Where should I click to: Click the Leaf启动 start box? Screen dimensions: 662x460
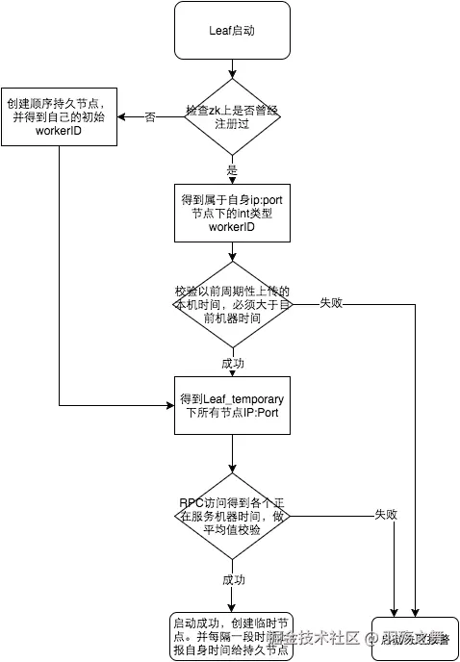232,30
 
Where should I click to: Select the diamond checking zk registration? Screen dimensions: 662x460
232,116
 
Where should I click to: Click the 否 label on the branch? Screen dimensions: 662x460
149,117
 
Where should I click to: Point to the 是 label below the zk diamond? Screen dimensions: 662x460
232,168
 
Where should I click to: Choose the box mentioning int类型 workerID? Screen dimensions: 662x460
232,214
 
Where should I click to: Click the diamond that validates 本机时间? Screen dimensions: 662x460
232,304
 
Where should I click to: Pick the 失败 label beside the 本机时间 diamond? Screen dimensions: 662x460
330,303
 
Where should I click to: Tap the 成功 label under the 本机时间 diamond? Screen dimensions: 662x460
232,365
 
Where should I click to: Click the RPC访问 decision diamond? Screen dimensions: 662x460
232,515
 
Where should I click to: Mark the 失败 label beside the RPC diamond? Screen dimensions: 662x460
385,515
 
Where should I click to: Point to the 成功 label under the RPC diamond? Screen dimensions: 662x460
232,580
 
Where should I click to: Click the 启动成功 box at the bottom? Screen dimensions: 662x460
232,635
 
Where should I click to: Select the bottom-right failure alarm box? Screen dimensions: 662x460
409,637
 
